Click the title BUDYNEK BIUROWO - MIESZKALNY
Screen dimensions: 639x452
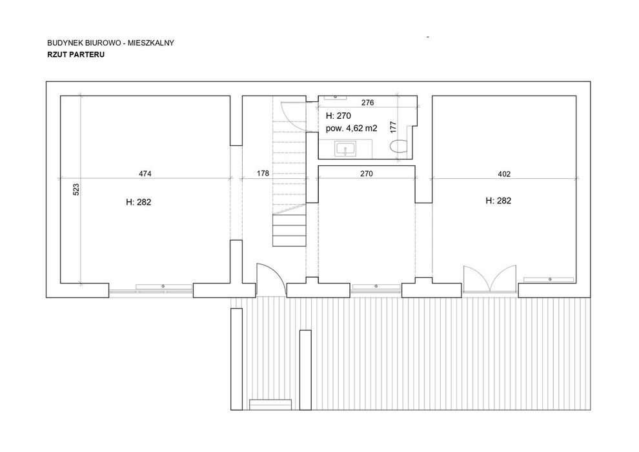(110, 43)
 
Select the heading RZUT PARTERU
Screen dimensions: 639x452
(76, 55)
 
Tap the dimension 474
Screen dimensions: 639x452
(145, 174)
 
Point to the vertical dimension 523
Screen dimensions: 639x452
(76, 190)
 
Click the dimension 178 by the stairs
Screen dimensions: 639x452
(263, 173)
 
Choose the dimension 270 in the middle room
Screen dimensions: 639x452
(367, 174)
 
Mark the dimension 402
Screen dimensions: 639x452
(504, 174)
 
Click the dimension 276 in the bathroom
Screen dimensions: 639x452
(368, 103)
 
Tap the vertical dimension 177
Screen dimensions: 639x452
(393, 127)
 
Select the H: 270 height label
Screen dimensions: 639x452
(338, 116)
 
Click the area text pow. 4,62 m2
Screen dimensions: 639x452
(351, 128)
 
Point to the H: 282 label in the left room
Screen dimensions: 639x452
(139, 202)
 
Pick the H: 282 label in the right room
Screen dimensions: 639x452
(498, 201)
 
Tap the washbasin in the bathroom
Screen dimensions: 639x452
(345, 149)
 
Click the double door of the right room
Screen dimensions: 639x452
(491, 279)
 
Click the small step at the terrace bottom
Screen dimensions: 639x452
(270, 405)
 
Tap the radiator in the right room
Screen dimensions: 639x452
(549, 279)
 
